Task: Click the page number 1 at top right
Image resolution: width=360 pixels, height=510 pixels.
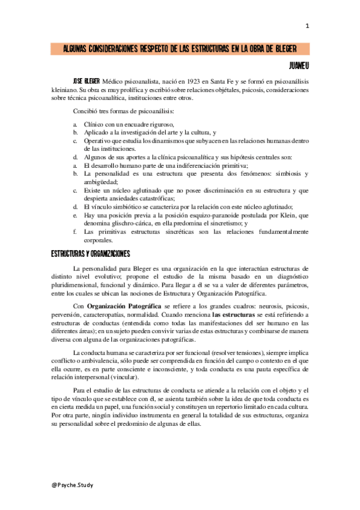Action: [x=307, y=25]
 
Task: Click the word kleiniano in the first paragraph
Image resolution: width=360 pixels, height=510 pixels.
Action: [x=66, y=89]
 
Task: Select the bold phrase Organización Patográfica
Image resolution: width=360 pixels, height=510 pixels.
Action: [x=123, y=306]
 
